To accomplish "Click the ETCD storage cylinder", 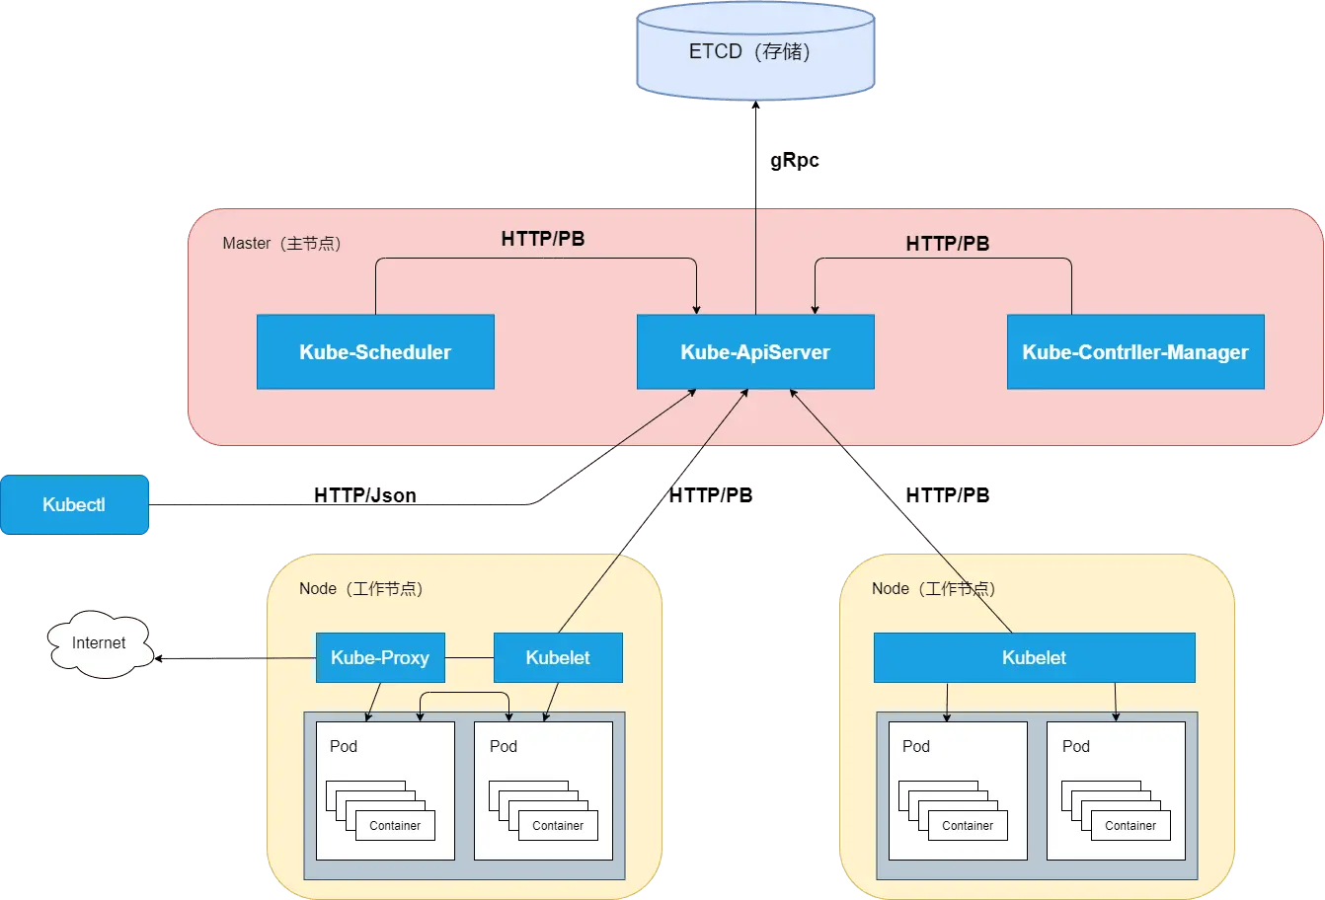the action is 755,51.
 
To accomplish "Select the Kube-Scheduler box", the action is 375,352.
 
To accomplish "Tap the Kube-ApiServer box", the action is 755,352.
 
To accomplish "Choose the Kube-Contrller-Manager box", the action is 1135,352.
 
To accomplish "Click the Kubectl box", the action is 74,504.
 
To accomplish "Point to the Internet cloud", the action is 99,644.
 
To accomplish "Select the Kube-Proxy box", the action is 380,657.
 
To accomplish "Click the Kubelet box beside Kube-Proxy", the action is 558,657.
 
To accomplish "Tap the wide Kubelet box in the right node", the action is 1035,657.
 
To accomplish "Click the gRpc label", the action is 795,160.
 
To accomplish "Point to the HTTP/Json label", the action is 365,495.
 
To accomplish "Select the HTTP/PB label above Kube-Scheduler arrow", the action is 543,239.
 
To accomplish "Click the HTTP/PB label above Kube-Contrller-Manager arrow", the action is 948,244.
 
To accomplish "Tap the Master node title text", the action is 281,243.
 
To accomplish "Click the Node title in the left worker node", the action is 360,588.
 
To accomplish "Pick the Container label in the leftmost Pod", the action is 395,825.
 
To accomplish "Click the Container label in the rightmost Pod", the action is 1130,825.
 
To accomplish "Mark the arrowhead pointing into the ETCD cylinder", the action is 755,105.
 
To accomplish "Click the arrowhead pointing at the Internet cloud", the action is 159,658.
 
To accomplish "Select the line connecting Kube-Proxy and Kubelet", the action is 469,657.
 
